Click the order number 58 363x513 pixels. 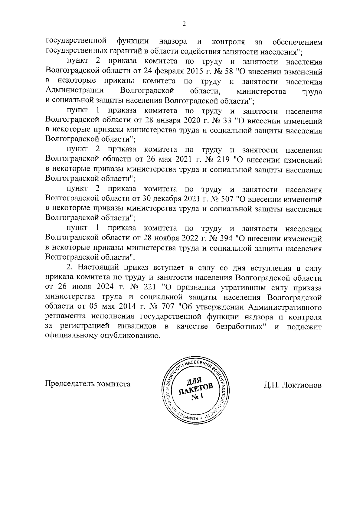click(x=229, y=72)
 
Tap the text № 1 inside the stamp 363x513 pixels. click(x=198, y=397)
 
